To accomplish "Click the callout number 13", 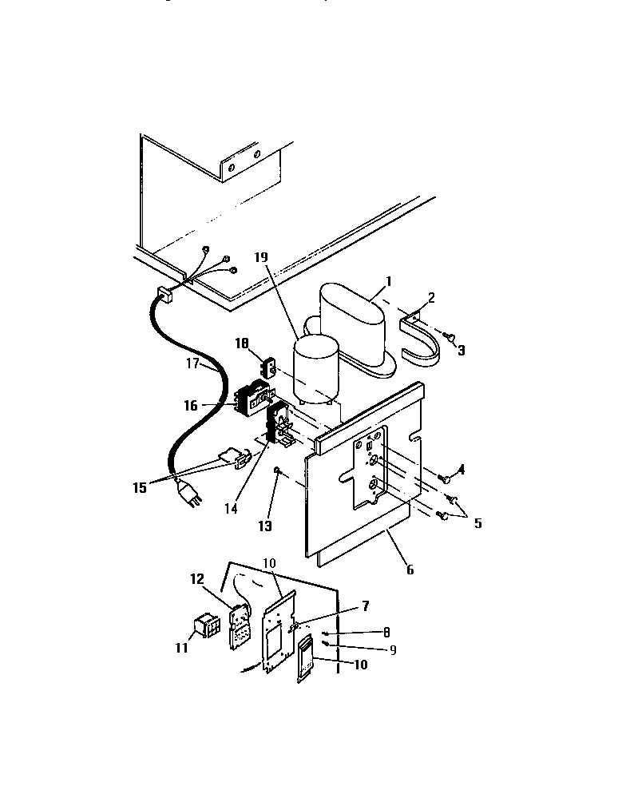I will (x=263, y=526).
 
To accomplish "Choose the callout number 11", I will (x=182, y=647).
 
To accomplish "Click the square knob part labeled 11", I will (x=207, y=625).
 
